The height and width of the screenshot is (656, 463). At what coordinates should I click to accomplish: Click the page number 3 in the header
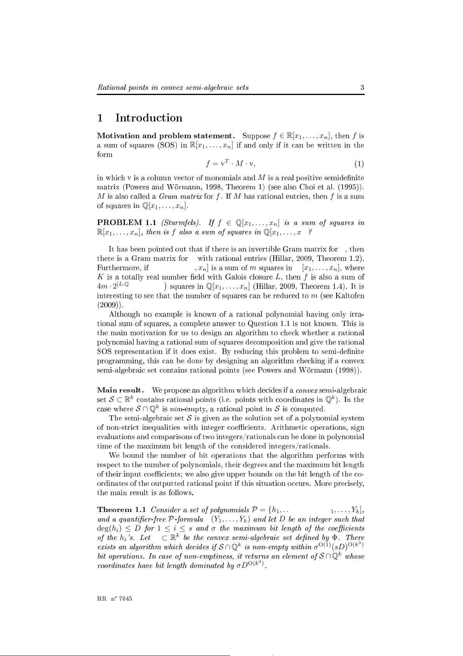click(362, 88)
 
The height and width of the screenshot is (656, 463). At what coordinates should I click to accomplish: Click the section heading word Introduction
click(149, 118)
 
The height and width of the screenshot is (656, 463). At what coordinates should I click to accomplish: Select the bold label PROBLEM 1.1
click(126, 223)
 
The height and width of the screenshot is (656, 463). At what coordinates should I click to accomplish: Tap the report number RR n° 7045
click(115, 599)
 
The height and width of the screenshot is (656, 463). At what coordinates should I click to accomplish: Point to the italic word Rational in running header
click(110, 88)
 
